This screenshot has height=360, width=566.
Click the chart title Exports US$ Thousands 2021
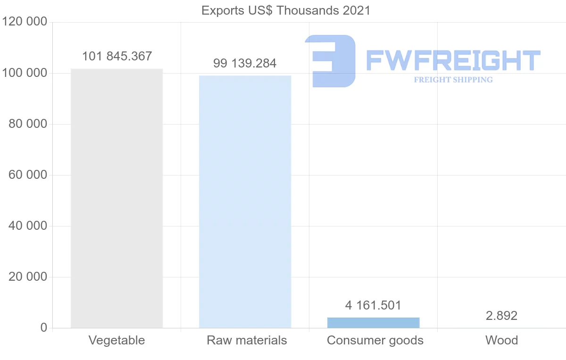point(286,10)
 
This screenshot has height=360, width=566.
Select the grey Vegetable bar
point(117,198)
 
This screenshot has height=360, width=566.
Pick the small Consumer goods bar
point(373,323)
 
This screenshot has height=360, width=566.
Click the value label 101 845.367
point(117,57)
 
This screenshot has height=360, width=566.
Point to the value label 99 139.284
point(245,63)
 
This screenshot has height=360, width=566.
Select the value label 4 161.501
point(373,305)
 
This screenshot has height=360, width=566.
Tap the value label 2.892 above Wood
point(501,316)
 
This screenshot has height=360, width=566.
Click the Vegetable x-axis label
point(117,340)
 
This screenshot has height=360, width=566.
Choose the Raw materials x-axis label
point(247,340)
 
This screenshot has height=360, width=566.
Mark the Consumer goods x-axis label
point(375,340)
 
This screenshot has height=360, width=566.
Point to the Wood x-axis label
point(501,340)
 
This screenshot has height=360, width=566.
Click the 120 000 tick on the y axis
point(25,22)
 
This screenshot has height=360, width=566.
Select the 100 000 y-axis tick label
point(25,73)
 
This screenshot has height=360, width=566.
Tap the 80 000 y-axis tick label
point(28,124)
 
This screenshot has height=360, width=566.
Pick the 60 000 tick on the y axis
point(28,175)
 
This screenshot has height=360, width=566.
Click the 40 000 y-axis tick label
point(28,226)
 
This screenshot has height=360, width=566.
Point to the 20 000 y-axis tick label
point(28,277)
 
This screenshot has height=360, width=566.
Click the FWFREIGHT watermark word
point(453,61)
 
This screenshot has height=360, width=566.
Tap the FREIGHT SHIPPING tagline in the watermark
point(453,80)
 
